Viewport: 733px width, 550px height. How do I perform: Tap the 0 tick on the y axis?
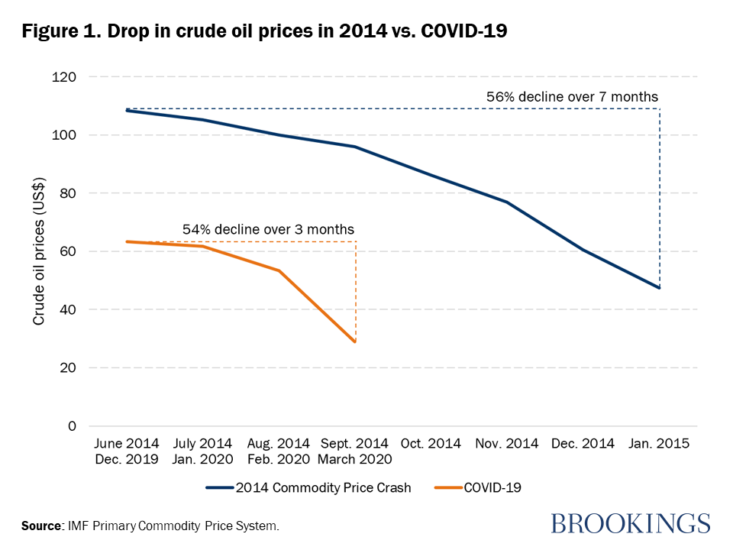pyautogui.click(x=73, y=426)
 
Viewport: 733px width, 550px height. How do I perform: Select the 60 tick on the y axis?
pyautogui.click(x=69, y=251)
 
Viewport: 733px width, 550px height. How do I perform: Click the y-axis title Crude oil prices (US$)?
pyautogui.click(x=39, y=251)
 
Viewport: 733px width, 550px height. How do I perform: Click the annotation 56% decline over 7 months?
pyautogui.click(x=572, y=97)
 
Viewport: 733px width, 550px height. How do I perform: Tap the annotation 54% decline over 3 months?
pyautogui.click(x=268, y=229)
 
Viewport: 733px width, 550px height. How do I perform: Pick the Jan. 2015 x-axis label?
pyautogui.click(x=659, y=444)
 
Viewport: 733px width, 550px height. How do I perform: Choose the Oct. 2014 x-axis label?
pyautogui.click(x=431, y=444)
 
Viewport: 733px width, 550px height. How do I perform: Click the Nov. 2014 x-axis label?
pyautogui.click(x=507, y=444)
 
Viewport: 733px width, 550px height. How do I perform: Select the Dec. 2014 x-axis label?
pyautogui.click(x=583, y=444)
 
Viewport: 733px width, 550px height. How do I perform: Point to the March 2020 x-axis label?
pyautogui.click(x=356, y=459)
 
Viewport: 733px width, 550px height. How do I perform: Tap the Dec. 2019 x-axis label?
pyautogui.click(x=127, y=459)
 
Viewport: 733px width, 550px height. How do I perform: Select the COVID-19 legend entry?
pyautogui.click(x=494, y=487)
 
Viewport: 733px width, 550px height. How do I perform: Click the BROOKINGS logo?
pyautogui.click(x=630, y=523)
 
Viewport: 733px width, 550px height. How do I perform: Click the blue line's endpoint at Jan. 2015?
pyautogui.click(x=659, y=288)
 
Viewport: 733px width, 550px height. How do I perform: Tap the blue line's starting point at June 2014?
pyautogui.click(x=127, y=111)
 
